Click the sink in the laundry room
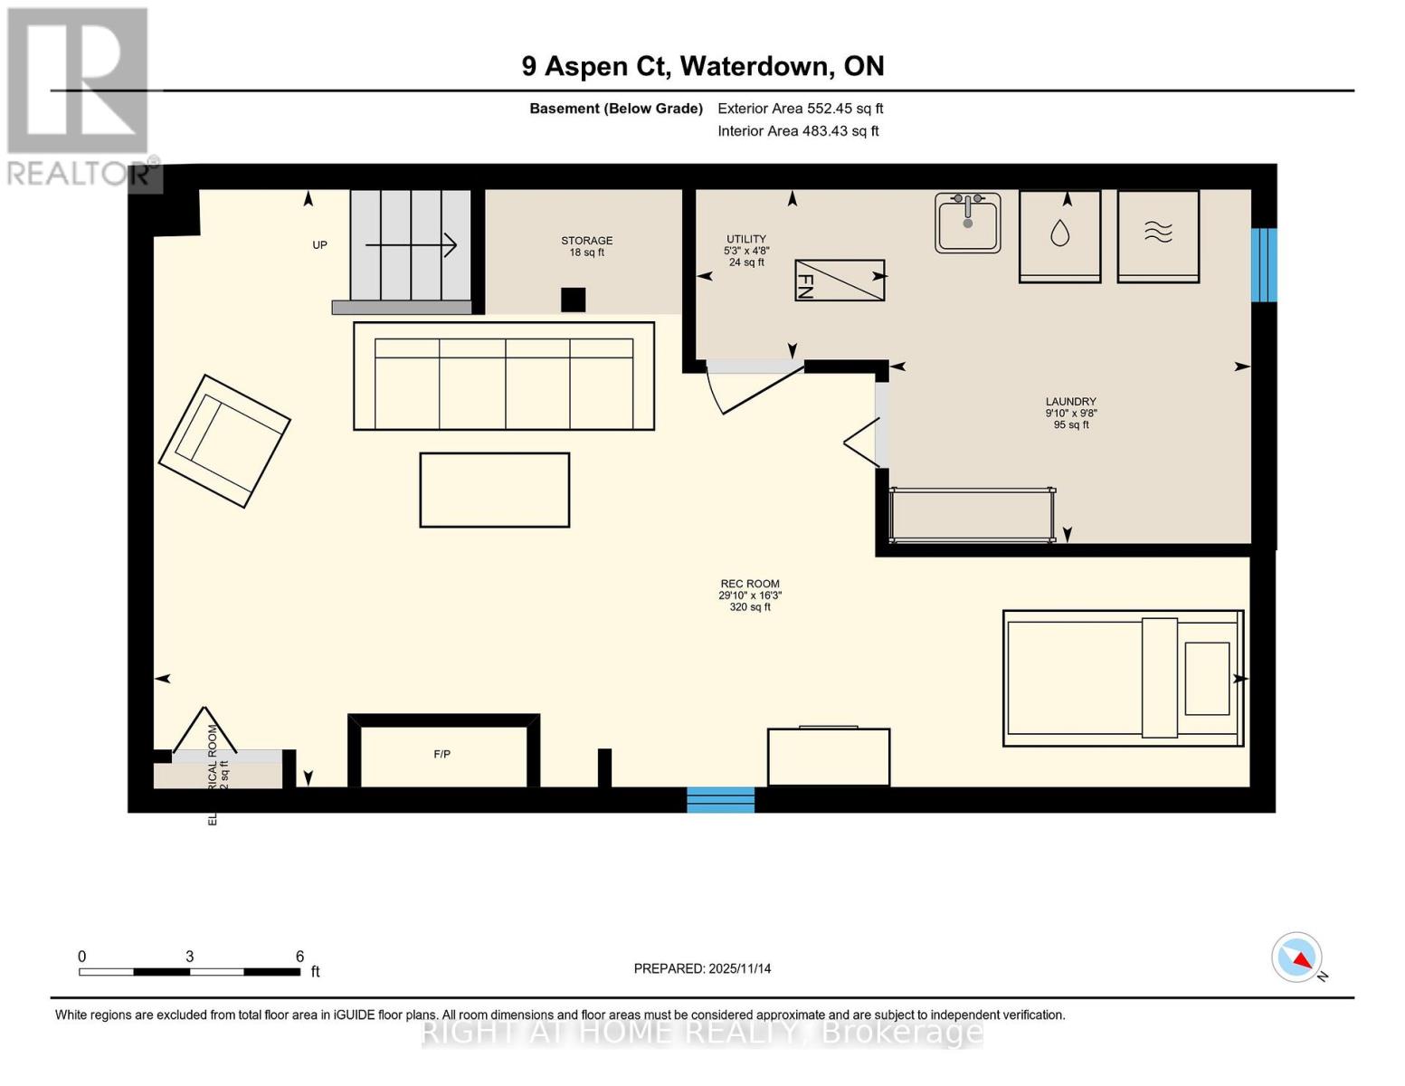click(x=967, y=223)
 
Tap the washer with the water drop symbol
click(x=1059, y=235)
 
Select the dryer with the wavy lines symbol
click(x=1157, y=235)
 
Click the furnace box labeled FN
click(x=839, y=281)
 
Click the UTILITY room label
click(x=746, y=239)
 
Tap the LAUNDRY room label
click(x=1070, y=402)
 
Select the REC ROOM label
click(x=749, y=585)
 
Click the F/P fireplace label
click(x=441, y=754)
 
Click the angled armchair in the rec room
click(x=224, y=441)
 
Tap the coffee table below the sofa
click(x=494, y=490)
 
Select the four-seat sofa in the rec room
click(x=503, y=376)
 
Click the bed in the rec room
click(x=1123, y=678)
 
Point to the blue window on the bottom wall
click(x=720, y=800)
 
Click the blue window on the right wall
click(x=1263, y=264)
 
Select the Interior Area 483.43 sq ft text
click(x=798, y=131)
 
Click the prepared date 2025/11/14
click(x=702, y=968)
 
